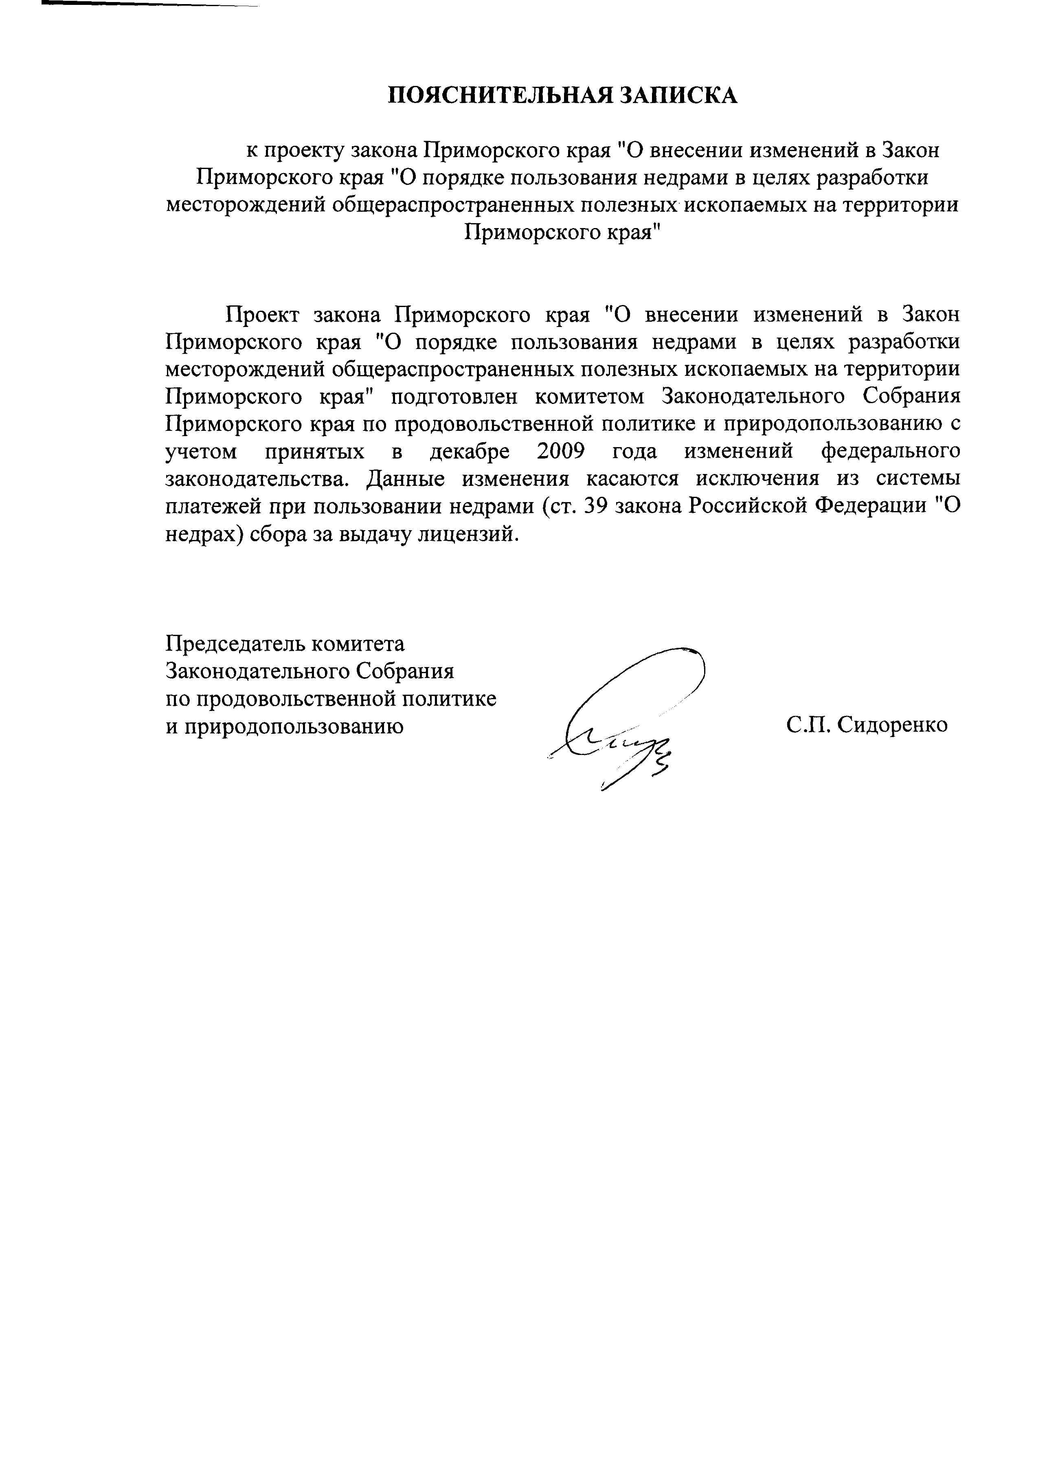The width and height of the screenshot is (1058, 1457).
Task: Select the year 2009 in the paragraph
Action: [560, 452]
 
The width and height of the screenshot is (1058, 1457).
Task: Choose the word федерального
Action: [891, 452]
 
